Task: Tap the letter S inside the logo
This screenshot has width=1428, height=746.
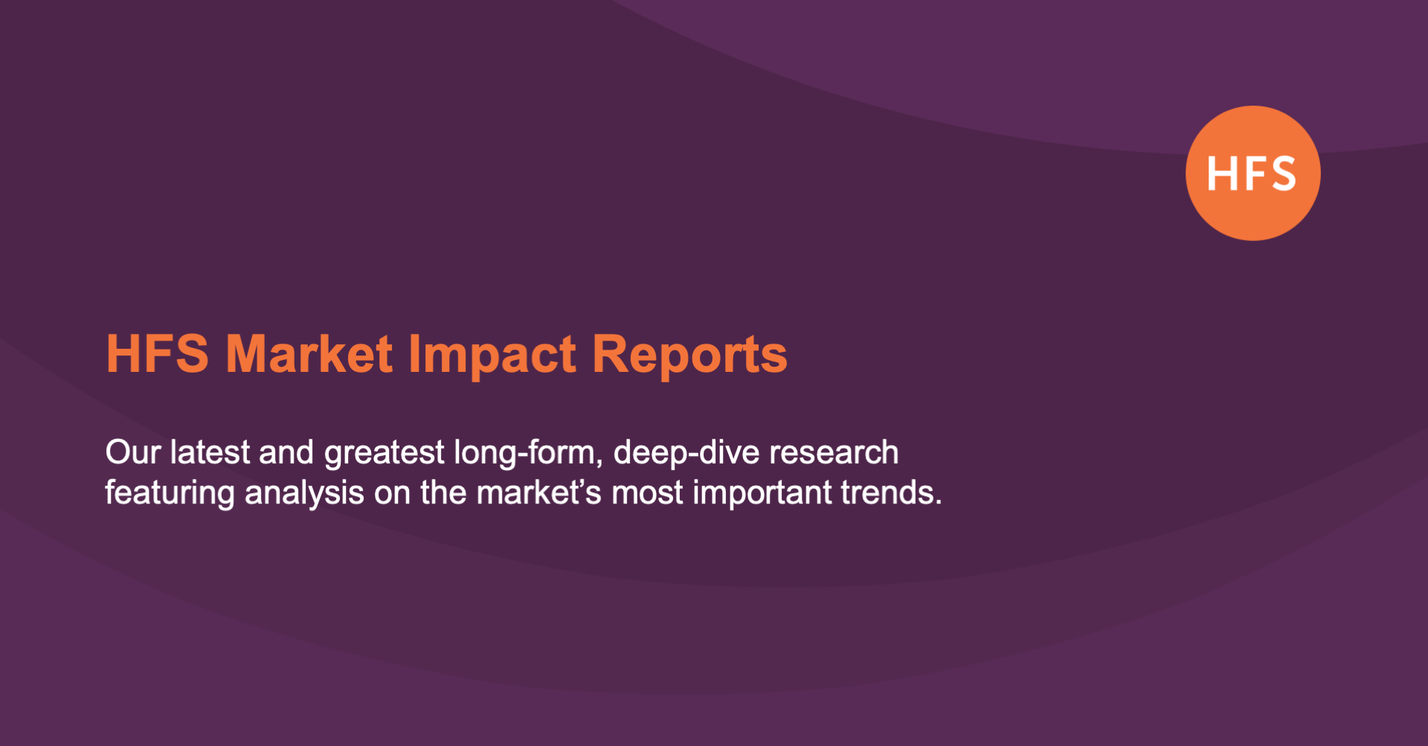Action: coord(1281,174)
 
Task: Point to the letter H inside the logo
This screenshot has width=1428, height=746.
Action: coord(1220,174)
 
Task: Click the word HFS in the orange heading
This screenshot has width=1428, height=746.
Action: coord(157,354)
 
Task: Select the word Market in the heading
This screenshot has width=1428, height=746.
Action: coord(309,354)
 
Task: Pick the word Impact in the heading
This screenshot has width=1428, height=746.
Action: coord(492,356)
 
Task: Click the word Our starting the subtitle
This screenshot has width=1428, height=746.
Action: coord(132,452)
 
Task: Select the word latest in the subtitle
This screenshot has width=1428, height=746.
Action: coord(210,452)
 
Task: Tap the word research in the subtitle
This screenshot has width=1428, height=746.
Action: coord(834,452)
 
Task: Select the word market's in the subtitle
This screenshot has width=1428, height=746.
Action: coord(538,492)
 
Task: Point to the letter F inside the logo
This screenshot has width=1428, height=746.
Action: coord(1252,174)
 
